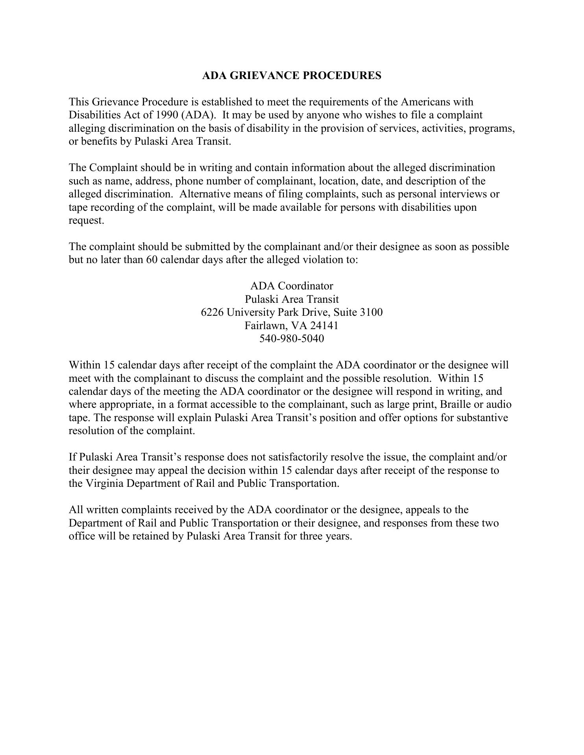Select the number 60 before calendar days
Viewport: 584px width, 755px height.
point(152,260)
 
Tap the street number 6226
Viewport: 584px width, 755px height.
point(212,312)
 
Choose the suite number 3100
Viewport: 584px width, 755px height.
point(371,312)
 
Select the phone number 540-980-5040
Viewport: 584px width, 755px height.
point(292,339)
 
